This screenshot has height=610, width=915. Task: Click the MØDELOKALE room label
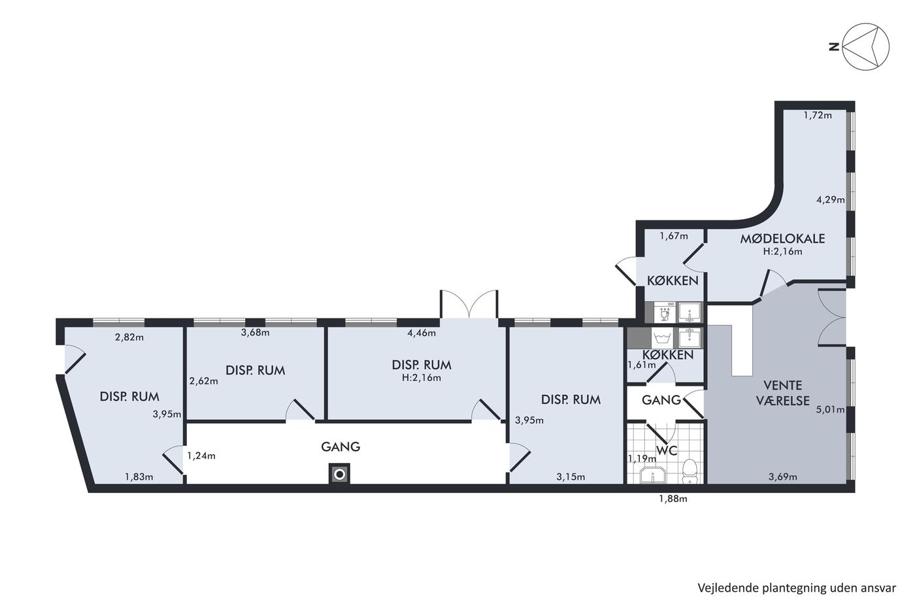(x=782, y=239)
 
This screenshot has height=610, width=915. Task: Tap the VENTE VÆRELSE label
(x=783, y=393)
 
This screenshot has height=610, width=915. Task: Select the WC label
(x=667, y=450)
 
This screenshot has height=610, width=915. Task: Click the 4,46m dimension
(x=422, y=333)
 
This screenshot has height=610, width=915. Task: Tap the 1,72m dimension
(x=818, y=115)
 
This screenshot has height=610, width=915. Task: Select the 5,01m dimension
(x=831, y=409)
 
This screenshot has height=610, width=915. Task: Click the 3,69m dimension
(x=783, y=477)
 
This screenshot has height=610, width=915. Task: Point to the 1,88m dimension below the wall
(x=673, y=499)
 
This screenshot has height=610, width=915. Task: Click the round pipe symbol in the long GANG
(x=339, y=475)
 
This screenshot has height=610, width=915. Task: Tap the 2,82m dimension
(x=129, y=337)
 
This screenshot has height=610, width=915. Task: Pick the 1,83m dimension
(x=139, y=477)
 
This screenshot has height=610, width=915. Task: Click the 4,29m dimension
(x=831, y=200)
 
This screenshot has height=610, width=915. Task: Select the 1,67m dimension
(x=674, y=236)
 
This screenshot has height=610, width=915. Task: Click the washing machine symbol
(x=661, y=338)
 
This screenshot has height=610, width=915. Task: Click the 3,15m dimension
(x=571, y=477)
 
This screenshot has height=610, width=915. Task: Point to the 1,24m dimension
(x=201, y=456)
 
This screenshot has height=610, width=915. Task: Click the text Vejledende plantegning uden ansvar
(x=797, y=588)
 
